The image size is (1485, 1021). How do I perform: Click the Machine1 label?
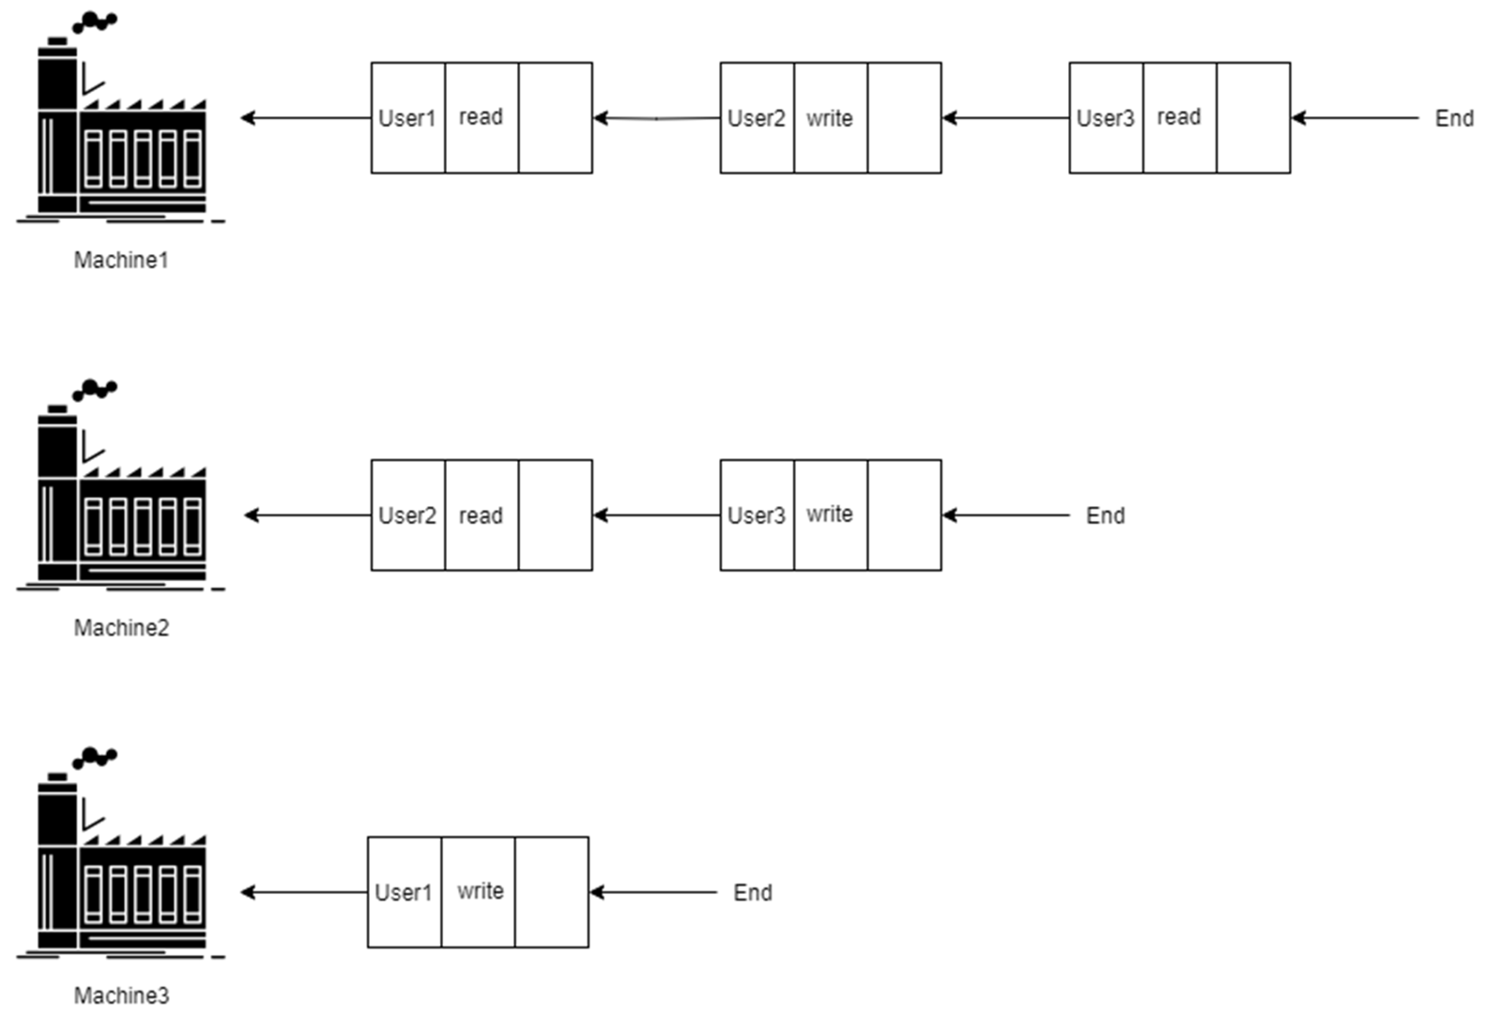[121, 261]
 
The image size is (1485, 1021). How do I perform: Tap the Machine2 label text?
[122, 628]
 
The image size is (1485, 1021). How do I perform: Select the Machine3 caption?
[122, 995]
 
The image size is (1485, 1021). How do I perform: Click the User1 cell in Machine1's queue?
[407, 118]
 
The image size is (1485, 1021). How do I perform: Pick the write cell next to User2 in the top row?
[830, 118]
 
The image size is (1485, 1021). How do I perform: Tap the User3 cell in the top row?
[1105, 118]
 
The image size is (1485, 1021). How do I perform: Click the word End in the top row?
[1454, 118]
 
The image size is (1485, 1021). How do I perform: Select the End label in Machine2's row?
[1105, 515]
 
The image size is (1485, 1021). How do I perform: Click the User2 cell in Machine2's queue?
[407, 515]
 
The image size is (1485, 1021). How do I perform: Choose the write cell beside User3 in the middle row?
[830, 514]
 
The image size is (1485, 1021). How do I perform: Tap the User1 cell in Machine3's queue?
[404, 892]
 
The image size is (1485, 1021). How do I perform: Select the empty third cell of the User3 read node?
[1253, 118]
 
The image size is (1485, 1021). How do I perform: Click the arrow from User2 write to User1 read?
[656, 118]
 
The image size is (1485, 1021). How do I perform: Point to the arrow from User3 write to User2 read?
[656, 515]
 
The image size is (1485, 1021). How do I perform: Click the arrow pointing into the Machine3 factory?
[304, 892]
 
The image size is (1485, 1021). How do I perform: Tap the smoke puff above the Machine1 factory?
[95, 23]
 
